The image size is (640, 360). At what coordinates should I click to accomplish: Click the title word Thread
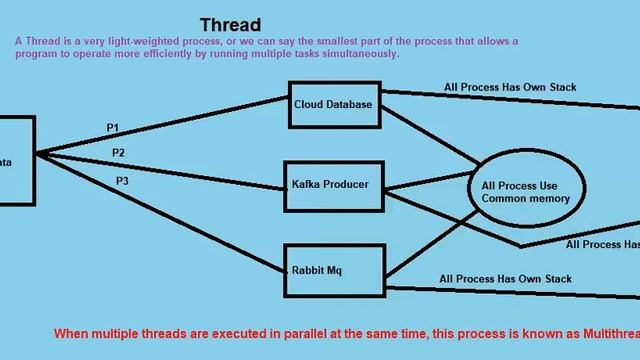pos(230,24)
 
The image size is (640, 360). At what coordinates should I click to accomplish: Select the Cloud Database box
pos(333,105)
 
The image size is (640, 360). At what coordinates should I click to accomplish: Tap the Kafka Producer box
pos(331,185)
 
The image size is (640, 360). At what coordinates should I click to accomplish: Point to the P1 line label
pos(113,128)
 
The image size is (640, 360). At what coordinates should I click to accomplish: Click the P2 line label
pos(118,153)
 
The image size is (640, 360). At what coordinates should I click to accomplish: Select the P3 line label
pos(122,181)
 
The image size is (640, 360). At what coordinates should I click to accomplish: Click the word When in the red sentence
pos(72,333)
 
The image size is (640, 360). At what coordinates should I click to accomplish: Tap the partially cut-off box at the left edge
pos(14,160)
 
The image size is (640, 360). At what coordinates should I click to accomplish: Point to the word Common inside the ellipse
pos(505,199)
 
